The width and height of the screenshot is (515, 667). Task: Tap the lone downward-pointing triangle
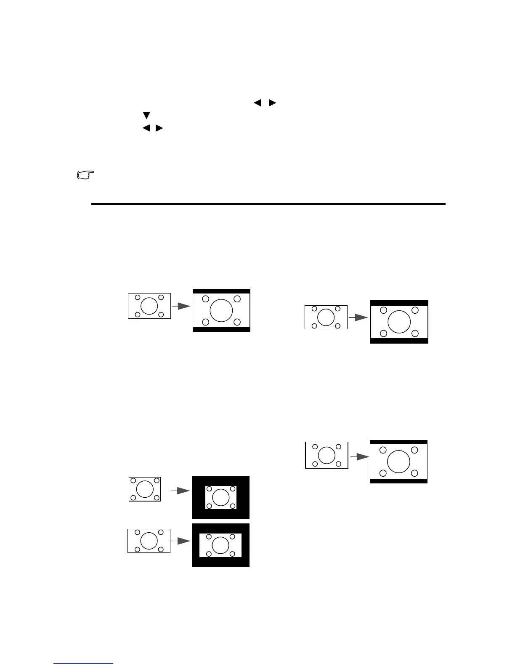click(146, 115)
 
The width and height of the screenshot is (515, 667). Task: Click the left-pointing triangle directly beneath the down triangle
click(146, 128)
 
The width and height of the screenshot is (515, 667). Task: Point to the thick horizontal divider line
click(268, 204)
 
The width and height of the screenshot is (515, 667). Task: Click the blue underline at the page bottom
click(83, 664)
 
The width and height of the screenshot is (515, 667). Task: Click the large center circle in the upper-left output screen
click(221, 310)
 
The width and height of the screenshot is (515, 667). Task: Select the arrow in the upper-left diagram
click(181, 306)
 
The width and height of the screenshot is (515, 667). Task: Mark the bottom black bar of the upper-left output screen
click(221, 330)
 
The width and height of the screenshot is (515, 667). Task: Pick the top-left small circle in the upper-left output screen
click(205, 299)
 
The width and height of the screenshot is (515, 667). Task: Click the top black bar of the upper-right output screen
click(399, 303)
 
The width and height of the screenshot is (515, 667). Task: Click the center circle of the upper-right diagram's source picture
click(326, 317)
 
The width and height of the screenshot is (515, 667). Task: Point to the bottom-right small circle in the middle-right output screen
click(414, 473)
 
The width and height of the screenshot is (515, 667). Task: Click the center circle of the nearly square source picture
click(145, 489)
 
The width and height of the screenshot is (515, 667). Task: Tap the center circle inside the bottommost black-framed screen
click(220, 545)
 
